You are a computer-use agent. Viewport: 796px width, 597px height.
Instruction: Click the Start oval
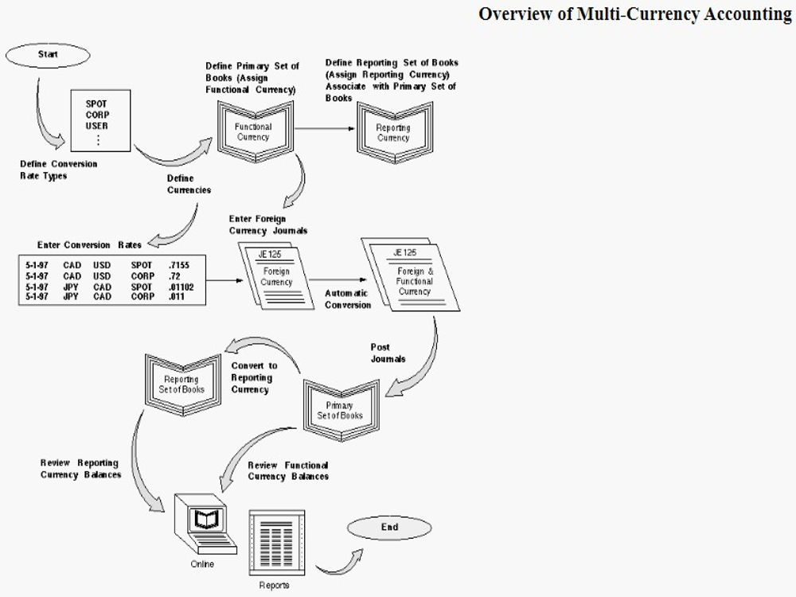coord(47,55)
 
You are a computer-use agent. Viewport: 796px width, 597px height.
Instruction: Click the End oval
coord(389,528)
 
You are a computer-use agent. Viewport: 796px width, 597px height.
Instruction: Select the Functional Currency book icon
coord(253,131)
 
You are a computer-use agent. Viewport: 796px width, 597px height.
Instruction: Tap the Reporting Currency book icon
coord(393,132)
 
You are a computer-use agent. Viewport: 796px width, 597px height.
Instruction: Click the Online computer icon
coord(205,526)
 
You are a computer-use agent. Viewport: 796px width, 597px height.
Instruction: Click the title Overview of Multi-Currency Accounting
coord(634,14)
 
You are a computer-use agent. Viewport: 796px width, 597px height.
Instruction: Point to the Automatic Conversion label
coord(348,299)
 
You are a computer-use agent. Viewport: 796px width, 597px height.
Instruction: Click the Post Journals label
coord(388,353)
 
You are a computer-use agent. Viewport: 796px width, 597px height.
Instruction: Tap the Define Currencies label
coord(189,185)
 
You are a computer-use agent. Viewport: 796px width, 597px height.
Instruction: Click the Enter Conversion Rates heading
coord(89,245)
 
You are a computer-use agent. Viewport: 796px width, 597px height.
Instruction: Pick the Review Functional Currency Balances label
coord(288,470)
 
